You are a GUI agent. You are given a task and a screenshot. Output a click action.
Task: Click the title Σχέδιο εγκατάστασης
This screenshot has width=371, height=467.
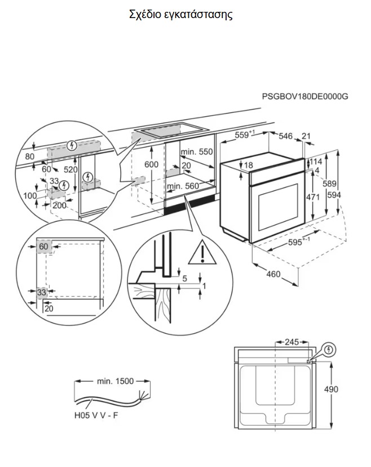point(181,15)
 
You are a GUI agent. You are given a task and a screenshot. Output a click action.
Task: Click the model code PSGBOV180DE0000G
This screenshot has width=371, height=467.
point(305,97)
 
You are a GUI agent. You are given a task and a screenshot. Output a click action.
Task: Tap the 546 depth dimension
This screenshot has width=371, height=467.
point(285,136)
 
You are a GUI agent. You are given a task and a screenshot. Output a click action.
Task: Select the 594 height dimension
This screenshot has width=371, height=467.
point(334,195)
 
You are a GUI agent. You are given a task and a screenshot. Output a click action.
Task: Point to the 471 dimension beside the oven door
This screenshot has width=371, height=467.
point(313,197)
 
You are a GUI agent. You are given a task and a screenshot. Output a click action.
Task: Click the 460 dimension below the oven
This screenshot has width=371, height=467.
point(273,274)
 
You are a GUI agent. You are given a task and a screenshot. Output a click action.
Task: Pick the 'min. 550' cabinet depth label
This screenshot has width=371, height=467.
point(197,152)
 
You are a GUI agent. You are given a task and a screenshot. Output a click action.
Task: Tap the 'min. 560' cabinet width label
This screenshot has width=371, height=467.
point(183,186)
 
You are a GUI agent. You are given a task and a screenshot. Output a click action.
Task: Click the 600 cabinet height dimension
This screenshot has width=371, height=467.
point(151,164)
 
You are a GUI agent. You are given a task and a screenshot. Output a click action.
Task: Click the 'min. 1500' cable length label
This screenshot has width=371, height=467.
point(116,381)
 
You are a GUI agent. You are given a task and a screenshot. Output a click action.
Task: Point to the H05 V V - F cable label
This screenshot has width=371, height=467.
point(96,415)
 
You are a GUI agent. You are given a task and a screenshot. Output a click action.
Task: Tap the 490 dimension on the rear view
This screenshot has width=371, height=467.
point(331,389)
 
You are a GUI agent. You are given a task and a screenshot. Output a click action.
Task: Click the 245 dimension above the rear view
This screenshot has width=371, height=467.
point(292,342)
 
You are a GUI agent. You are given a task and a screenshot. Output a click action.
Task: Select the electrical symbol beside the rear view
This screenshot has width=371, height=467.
point(329,349)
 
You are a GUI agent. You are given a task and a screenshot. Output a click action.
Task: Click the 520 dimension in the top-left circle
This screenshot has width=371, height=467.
point(70,169)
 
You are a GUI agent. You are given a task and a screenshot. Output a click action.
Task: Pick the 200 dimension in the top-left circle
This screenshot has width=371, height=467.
point(59,205)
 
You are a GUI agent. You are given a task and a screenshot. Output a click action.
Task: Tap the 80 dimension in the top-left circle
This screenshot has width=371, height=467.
point(30,156)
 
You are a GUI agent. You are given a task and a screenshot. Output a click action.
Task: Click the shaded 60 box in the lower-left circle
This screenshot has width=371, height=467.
point(43,247)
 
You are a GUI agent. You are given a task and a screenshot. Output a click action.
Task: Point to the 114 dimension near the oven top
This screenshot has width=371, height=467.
point(316,162)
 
